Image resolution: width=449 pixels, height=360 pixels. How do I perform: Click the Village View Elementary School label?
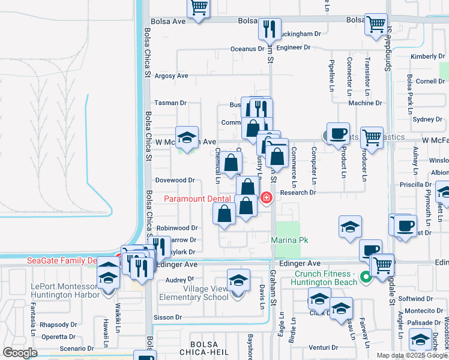click(x=193, y=292)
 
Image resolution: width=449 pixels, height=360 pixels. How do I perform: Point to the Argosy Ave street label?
click(x=172, y=76)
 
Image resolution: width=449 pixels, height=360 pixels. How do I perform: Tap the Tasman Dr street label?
click(x=168, y=103)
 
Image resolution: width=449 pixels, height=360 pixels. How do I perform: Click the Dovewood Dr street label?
click(x=175, y=180)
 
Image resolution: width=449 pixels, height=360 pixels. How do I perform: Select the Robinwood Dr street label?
click(x=177, y=228)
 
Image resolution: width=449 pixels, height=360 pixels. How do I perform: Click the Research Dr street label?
click(x=298, y=193)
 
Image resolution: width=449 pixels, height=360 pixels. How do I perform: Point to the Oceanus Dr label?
click(x=247, y=49)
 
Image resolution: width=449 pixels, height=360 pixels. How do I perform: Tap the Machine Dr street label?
click(x=361, y=103)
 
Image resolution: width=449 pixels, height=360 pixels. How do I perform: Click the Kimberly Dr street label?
click(x=427, y=56)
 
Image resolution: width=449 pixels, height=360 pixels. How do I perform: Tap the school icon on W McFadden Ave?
click(x=187, y=138)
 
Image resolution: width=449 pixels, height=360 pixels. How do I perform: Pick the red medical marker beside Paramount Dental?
click(x=267, y=197)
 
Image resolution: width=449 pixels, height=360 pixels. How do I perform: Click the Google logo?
click(x=20, y=353)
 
